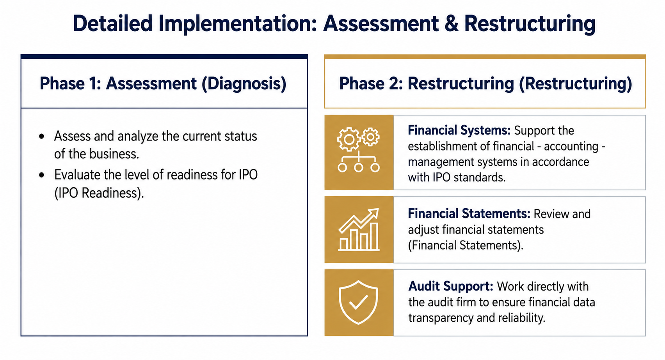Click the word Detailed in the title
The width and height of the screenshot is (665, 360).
[112, 23]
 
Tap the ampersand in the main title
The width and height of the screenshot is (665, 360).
[451, 24]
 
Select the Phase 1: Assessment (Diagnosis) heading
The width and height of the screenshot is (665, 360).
[163, 83]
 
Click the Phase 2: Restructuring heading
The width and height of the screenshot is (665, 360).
[485, 83]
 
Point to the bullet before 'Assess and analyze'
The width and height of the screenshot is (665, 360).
[41, 137]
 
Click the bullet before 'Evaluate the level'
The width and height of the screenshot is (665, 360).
[41, 175]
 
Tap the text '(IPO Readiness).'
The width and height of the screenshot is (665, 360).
[99, 193]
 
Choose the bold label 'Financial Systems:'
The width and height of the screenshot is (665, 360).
[459, 130]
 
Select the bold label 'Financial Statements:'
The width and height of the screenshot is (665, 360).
[469, 214]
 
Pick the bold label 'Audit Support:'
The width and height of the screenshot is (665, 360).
[451, 286]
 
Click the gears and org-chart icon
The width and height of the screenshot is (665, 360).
[359, 150]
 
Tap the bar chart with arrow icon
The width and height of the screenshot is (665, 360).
[359, 229]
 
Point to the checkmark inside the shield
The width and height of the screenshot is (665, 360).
[358, 302]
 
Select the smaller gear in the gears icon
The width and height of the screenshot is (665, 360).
[370, 137]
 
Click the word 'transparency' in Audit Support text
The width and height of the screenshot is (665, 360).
[441, 318]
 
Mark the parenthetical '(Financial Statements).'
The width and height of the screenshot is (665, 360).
[465, 245]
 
